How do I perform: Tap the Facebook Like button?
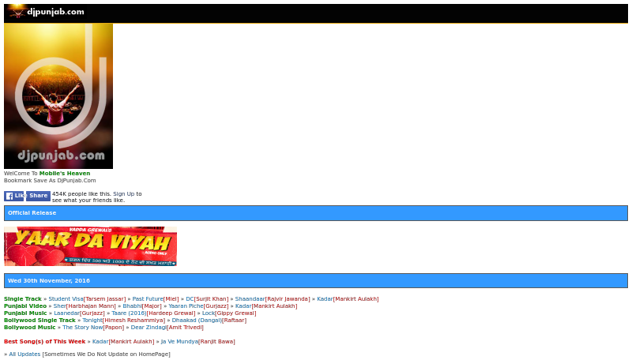tap(14, 196)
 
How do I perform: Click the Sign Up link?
tap(123, 193)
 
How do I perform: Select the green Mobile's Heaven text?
tap(65, 173)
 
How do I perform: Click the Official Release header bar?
tap(315, 213)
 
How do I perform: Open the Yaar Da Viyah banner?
tap(90, 246)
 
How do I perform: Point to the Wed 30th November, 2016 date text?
tap(49, 280)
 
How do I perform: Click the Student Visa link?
tap(66, 299)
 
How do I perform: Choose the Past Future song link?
tap(148, 299)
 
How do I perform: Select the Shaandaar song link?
tap(250, 299)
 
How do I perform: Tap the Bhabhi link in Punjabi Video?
tap(132, 306)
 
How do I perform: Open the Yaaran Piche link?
tap(186, 306)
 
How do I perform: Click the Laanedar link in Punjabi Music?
tap(66, 313)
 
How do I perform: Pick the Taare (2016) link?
tap(129, 313)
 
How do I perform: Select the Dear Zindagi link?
tap(149, 327)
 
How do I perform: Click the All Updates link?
tap(24, 354)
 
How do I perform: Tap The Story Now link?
tap(82, 327)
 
